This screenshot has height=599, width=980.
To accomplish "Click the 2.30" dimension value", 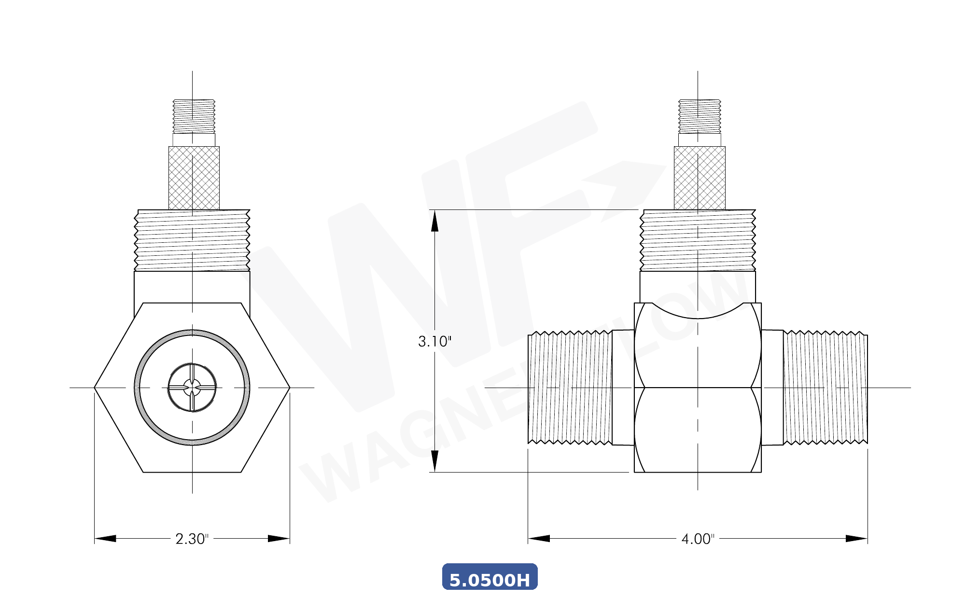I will click(192, 539).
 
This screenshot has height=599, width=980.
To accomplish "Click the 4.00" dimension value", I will click(698, 539).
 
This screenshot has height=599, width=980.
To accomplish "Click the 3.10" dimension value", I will click(434, 341).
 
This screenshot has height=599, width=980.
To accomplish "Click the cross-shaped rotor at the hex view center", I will click(192, 388).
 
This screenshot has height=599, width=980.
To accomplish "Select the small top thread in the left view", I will click(194, 116).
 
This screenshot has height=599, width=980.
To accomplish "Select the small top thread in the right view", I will click(700, 116).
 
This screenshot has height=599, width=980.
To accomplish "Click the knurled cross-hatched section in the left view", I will click(194, 178).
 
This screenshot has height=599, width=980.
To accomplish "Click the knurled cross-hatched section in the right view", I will click(700, 178).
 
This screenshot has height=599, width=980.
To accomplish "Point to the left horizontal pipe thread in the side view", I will click(570, 388).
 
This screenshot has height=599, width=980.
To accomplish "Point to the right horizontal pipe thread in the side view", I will click(825, 388).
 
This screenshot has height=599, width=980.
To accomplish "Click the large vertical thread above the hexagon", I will click(192, 240).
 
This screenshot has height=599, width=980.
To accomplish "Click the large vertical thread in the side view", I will click(698, 240).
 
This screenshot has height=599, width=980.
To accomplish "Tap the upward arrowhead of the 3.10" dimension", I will click(434, 221).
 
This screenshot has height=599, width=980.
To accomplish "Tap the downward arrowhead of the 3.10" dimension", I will click(434, 461).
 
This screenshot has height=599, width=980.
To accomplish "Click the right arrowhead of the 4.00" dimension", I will click(857, 539).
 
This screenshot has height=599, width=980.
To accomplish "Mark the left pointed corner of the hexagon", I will click(95, 388).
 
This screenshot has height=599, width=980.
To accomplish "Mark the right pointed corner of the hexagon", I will click(290, 388).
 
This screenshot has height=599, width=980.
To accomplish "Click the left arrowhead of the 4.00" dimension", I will click(539, 539).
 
